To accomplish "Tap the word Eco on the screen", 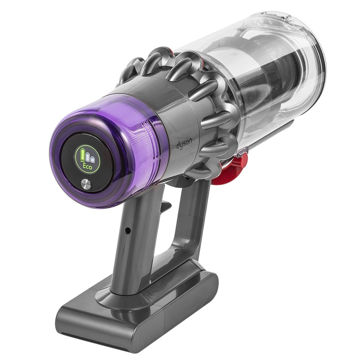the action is click(x=87, y=166).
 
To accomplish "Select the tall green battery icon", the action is click(x=83, y=154).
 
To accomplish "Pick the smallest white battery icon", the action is click(x=92, y=159).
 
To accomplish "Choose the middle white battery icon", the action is click(x=87, y=157).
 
